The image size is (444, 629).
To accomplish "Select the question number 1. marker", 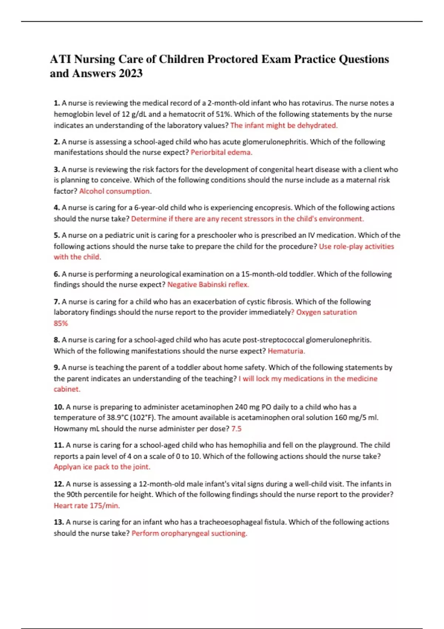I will click(x=57, y=103).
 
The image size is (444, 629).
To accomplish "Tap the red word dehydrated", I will click(x=317, y=125).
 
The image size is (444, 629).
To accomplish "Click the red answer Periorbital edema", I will click(x=221, y=152).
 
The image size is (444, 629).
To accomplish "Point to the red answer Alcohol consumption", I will click(x=115, y=191).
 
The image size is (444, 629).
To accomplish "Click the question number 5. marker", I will click(x=57, y=235).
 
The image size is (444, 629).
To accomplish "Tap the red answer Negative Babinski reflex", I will click(x=208, y=285).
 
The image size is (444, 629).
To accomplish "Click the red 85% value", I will click(x=61, y=323).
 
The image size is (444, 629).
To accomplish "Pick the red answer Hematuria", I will click(x=286, y=351).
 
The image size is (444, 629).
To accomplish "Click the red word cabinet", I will click(x=67, y=389).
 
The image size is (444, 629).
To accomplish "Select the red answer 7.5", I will click(x=236, y=429).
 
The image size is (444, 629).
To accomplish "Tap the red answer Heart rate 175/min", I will click(x=87, y=506).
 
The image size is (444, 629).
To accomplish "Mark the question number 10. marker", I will click(x=58, y=407).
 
